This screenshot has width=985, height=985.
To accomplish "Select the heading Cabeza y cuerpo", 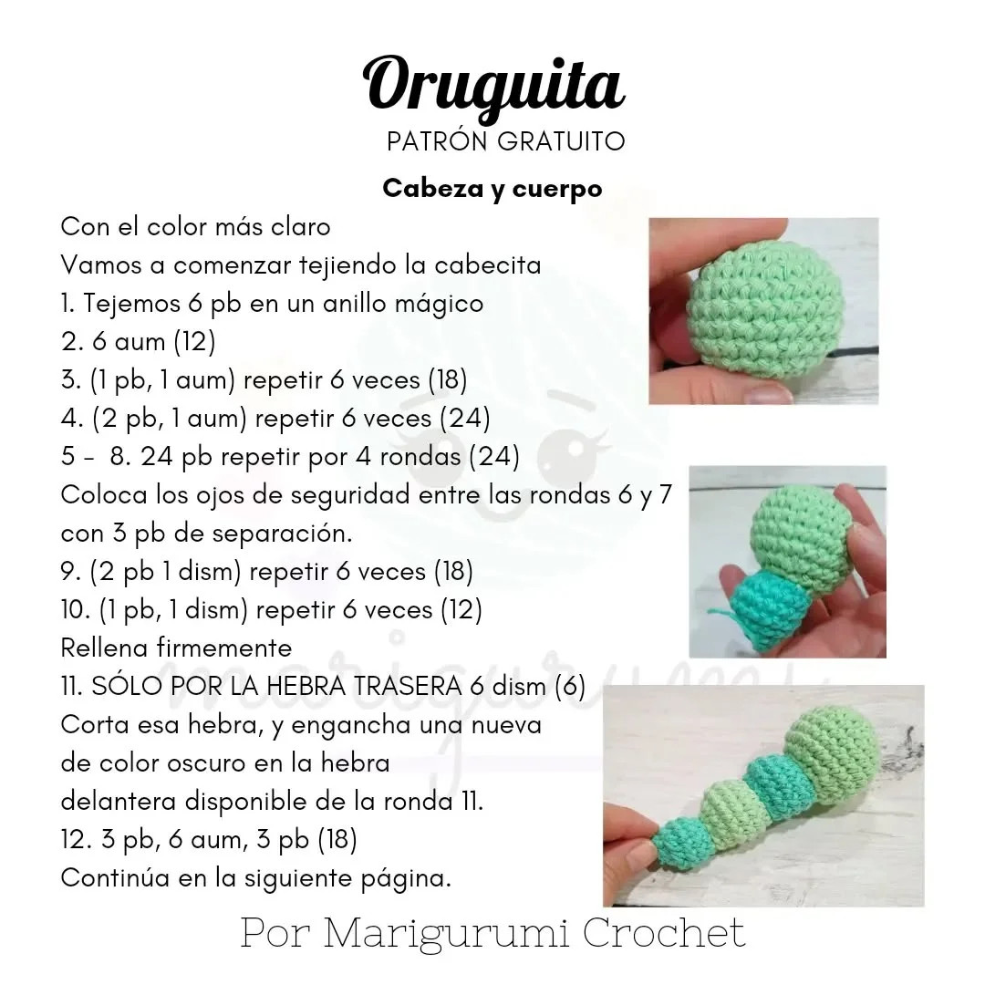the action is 493,189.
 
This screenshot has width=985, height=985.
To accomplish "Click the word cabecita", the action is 487,264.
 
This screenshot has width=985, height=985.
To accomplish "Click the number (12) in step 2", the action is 195,342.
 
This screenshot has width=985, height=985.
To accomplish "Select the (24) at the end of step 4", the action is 465,419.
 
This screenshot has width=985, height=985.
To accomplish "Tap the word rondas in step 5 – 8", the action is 420,457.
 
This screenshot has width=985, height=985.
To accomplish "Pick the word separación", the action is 282,534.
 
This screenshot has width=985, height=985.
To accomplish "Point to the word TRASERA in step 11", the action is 408,686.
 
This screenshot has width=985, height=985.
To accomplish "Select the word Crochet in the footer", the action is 664,934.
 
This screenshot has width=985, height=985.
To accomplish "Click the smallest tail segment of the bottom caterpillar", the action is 678,843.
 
